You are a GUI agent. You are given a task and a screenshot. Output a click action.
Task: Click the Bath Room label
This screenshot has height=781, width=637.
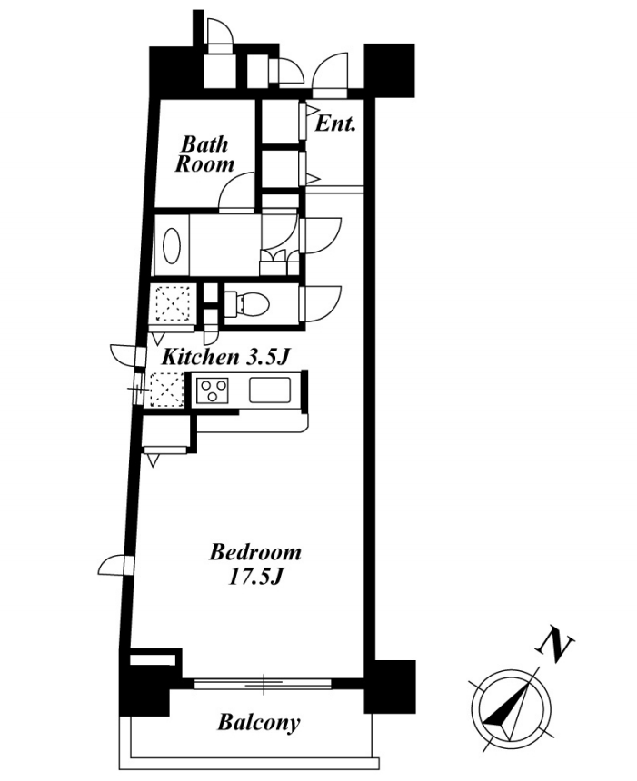coord(204,153)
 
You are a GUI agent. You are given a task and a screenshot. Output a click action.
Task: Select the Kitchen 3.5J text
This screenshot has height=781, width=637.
coord(225,357)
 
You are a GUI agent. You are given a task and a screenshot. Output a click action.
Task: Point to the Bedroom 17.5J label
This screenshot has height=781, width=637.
coord(255,564)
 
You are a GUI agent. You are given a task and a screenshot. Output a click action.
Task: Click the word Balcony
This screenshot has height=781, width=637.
coord(259,722)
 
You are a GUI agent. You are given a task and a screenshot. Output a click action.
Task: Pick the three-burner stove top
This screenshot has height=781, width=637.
coord(213,390)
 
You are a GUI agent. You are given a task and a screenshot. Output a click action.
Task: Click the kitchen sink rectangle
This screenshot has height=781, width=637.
coord(270,390)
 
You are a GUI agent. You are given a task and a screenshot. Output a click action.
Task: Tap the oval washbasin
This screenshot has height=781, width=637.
coord(172,245)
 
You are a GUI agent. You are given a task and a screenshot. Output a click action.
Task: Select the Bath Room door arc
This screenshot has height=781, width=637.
coord(236,193)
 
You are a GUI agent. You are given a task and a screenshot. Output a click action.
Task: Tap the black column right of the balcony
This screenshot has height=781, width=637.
coord(390,687)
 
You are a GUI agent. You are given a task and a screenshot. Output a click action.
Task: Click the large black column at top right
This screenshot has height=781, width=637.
coord(389,71)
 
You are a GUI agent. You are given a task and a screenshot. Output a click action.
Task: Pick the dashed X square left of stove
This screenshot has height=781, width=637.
coord(167,390)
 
